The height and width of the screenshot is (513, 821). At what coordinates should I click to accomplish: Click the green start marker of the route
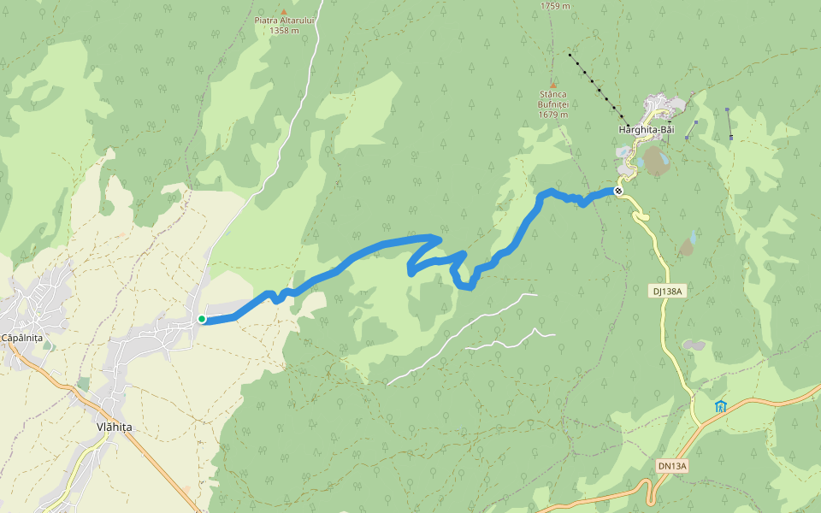202,319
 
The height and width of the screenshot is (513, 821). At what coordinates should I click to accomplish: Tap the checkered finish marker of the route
618,191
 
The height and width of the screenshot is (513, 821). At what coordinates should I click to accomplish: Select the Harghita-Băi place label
646,130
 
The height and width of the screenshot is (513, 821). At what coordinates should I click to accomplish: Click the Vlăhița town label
114,427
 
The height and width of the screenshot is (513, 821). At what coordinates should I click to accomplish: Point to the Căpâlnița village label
22,338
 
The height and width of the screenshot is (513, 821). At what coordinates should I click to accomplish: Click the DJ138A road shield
667,292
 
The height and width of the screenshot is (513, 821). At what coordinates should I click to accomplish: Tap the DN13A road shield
672,466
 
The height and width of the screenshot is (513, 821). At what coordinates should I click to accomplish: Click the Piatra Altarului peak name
284,20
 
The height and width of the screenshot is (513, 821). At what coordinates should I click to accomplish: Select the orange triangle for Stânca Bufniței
553,85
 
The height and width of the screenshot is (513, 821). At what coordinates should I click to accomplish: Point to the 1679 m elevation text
553,115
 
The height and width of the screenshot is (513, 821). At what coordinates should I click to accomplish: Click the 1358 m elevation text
284,31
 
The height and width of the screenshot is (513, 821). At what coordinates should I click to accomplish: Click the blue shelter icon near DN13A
720,405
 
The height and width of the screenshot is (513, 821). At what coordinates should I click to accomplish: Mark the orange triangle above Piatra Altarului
284,10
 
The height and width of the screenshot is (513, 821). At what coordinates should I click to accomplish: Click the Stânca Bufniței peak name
553,99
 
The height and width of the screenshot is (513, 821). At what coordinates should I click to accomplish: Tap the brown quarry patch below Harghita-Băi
656,161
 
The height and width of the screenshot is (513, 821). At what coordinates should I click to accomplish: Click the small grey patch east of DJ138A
694,345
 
